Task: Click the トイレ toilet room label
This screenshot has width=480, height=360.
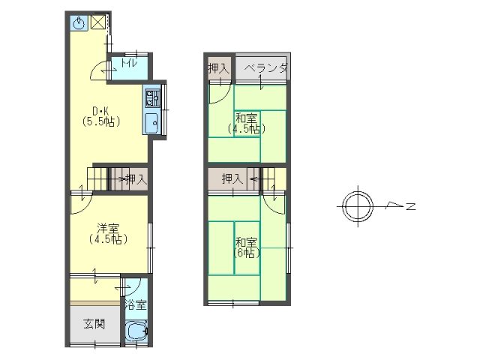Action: (129, 63)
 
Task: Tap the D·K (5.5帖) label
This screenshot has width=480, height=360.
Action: (101, 116)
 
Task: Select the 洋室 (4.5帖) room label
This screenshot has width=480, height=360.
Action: (108, 233)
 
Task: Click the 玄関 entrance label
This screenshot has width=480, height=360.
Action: (94, 324)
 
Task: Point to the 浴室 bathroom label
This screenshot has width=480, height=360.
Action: (136, 305)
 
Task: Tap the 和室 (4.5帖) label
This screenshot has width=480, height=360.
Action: (246, 123)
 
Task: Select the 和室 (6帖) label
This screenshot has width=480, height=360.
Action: (247, 247)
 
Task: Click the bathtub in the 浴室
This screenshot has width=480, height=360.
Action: (136, 331)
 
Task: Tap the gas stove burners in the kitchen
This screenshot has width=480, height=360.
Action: (152, 98)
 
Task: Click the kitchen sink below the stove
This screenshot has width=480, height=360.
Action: (151, 123)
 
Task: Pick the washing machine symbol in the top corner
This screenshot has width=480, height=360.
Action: (79, 23)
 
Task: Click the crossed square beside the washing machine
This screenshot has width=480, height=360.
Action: (98, 22)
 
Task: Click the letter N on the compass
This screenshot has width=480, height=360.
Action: (411, 206)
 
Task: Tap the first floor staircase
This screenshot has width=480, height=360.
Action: (97, 179)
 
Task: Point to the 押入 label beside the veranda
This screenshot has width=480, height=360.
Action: (218, 68)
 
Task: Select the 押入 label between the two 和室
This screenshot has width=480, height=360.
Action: (232, 178)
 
